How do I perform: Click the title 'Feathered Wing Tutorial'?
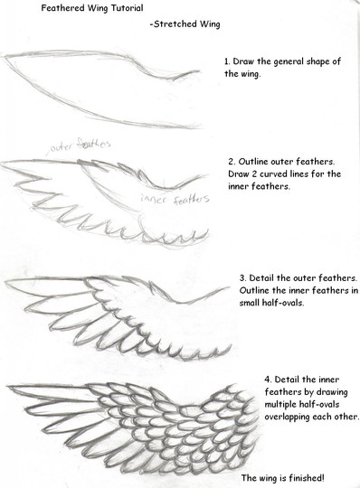coord(92,8)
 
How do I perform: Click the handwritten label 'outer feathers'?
coord(80,145)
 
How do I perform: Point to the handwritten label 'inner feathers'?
coord(175,199)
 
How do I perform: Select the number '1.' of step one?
coord(228,61)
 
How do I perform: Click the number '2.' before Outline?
coord(232,162)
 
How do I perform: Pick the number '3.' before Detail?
coord(243,278)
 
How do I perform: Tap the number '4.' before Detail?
coord(269,380)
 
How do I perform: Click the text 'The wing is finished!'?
coord(283,477)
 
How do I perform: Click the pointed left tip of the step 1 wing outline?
coord(4,56)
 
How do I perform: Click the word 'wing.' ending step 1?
coord(250,74)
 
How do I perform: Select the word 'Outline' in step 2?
coord(253,162)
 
